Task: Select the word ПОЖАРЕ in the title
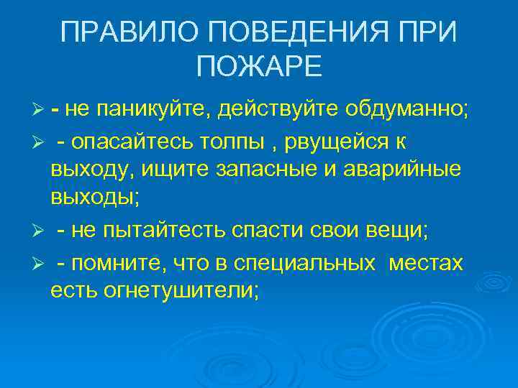[x=259, y=67]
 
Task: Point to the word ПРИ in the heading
[x=424, y=32]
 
